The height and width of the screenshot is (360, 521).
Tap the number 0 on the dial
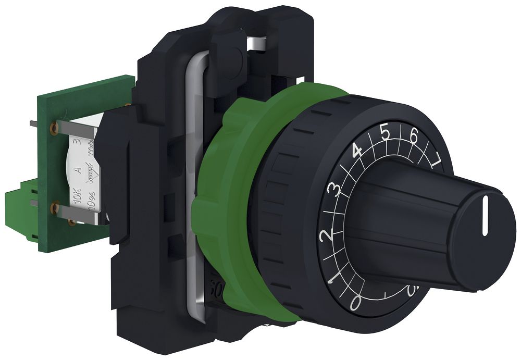coord(356,303)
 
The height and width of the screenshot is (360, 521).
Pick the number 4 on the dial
coord(357,151)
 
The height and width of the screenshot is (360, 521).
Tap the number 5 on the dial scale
coord(386,132)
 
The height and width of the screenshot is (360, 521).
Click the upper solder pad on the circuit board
coord(53,127)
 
